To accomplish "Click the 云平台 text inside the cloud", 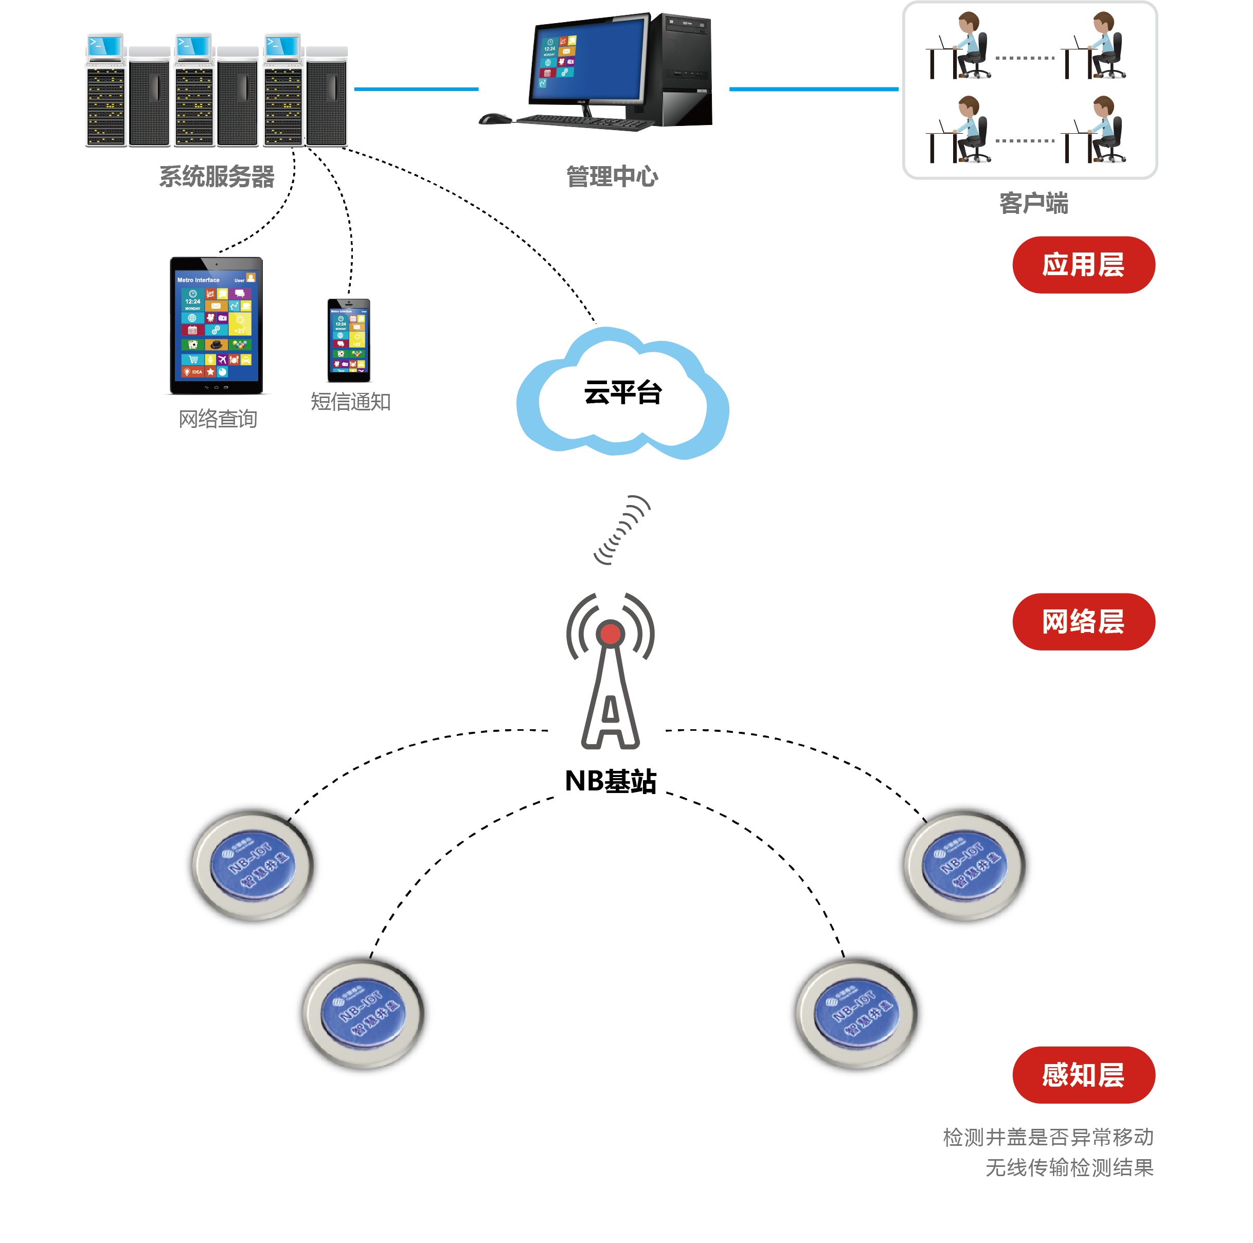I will coord(622,392).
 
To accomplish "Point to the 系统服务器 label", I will coord(217,176).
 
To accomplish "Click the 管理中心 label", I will coord(612,176).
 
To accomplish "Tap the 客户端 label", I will coord(1033,203).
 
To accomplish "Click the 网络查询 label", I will coord(218,419).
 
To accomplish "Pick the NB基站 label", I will coord(610,781).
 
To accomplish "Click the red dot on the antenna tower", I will coord(610,634).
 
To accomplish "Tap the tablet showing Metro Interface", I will coord(217,326).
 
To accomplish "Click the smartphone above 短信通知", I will coord(349,340).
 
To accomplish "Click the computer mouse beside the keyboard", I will coord(494,119).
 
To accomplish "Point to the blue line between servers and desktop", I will coord(416,89).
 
